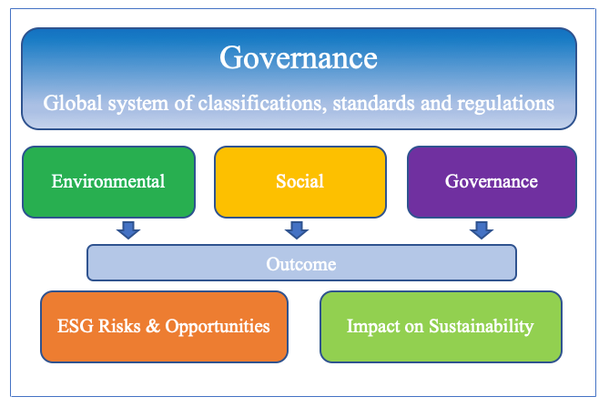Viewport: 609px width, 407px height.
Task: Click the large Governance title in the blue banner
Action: (299, 57)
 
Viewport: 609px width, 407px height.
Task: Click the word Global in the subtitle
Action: (73, 103)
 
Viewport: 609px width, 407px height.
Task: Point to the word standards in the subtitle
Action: (373, 103)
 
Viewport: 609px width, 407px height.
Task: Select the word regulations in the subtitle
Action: (506, 104)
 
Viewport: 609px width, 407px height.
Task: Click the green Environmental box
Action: (108, 182)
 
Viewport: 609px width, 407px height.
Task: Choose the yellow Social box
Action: (300, 182)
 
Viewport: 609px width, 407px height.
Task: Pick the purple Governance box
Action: (492, 182)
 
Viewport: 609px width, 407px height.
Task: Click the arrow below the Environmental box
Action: (128, 230)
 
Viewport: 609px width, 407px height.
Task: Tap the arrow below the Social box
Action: (297, 230)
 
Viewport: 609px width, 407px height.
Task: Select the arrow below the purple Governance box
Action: (482, 230)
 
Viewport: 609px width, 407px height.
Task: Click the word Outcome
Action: (301, 264)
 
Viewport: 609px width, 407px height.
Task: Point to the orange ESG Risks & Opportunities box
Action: (164, 327)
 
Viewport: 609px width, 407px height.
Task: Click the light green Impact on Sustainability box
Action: (441, 327)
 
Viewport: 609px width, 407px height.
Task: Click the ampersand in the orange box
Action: (153, 326)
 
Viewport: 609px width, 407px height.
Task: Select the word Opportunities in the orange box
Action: (218, 327)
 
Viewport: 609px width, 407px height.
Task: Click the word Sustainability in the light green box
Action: (482, 327)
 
